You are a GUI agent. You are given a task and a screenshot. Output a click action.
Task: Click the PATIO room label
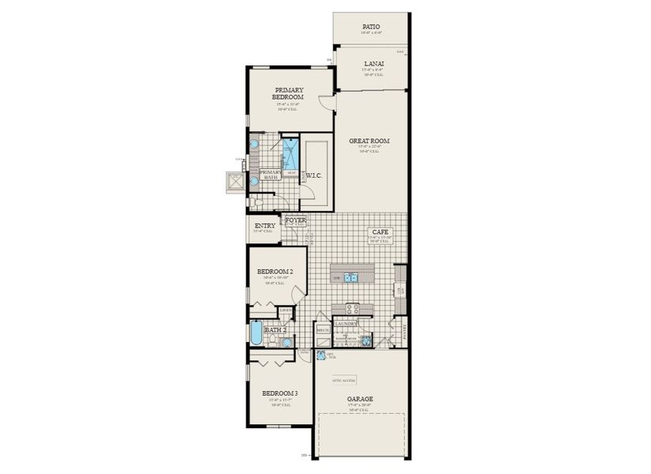(371, 26)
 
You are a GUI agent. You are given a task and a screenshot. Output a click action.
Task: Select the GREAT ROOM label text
(369, 141)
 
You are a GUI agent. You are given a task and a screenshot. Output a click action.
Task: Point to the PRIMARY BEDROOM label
(290, 93)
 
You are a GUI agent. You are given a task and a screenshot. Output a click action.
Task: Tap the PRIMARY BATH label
(271, 175)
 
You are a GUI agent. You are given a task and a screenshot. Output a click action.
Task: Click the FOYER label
(295, 220)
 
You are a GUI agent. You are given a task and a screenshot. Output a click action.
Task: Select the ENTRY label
(265, 226)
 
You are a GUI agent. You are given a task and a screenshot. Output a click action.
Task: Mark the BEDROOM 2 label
(275, 272)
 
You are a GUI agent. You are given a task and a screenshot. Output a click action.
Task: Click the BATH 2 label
(274, 329)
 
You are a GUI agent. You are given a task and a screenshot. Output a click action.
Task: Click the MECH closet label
(323, 329)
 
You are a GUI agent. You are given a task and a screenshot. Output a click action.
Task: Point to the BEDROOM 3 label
(280, 393)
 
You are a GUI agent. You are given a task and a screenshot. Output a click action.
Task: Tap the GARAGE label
(359, 399)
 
